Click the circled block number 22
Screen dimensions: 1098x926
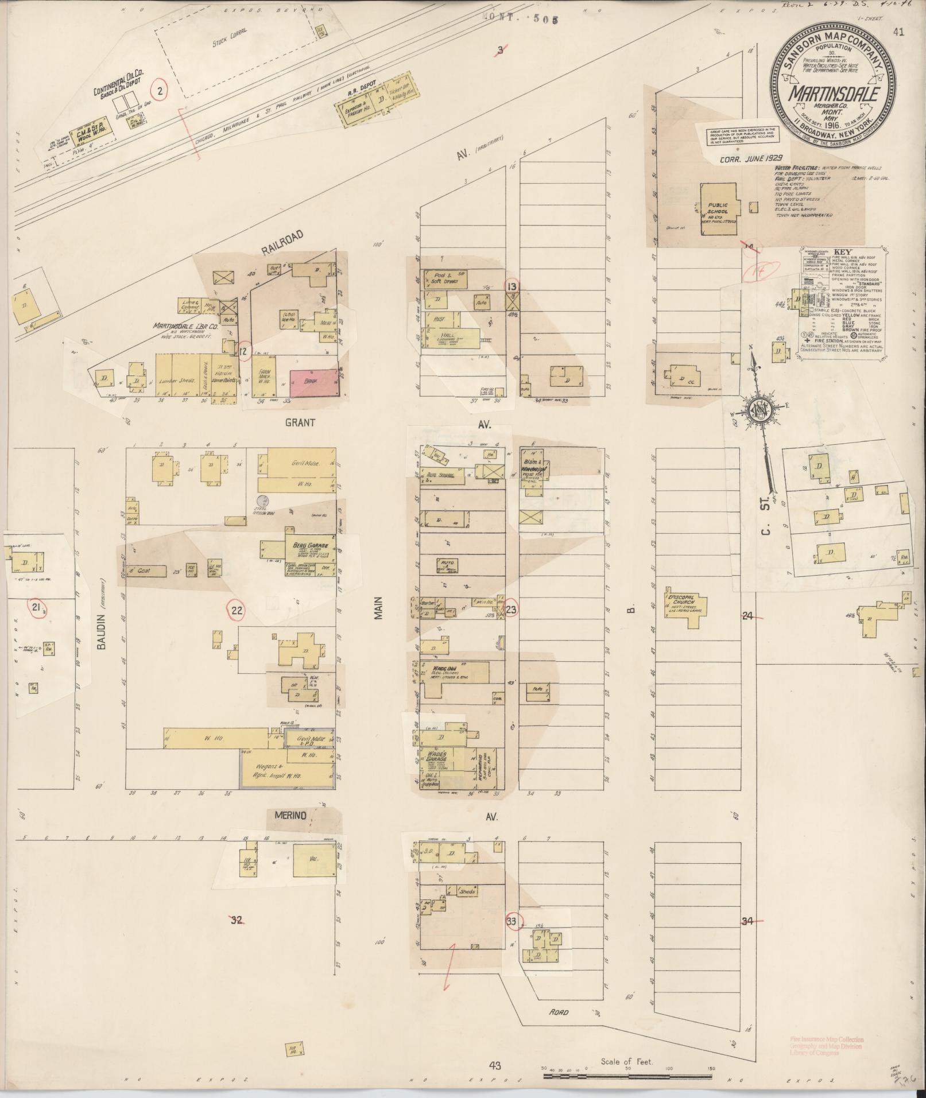click(237, 611)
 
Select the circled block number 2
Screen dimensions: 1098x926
click(160, 90)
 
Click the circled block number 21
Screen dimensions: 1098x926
click(37, 608)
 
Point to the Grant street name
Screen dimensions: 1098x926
click(300, 423)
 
